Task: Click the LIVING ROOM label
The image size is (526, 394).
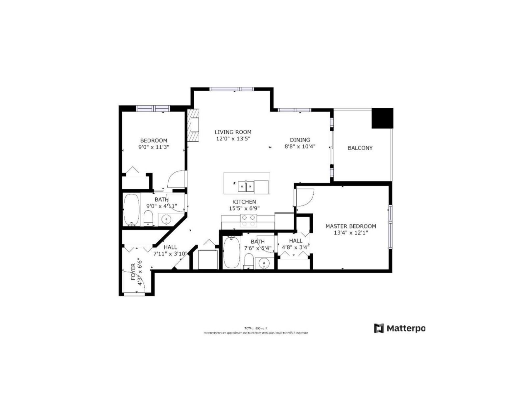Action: click(233, 132)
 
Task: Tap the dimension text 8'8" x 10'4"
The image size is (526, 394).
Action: click(300, 146)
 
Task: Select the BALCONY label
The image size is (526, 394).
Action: click(360, 148)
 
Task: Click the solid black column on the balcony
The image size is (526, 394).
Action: click(382, 118)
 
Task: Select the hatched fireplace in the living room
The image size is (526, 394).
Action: click(193, 125)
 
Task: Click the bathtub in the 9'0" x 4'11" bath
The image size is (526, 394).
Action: click(131, 210)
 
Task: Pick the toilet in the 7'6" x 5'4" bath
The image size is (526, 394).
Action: click(249, 261)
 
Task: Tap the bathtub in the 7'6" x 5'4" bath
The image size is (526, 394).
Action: click(232, 253)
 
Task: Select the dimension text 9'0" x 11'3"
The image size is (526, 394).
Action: click(154, 147)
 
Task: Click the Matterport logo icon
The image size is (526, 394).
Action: click(379, 328)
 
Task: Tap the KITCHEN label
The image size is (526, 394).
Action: click(244, 202)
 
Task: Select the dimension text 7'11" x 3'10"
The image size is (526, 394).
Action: click(170, 253)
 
